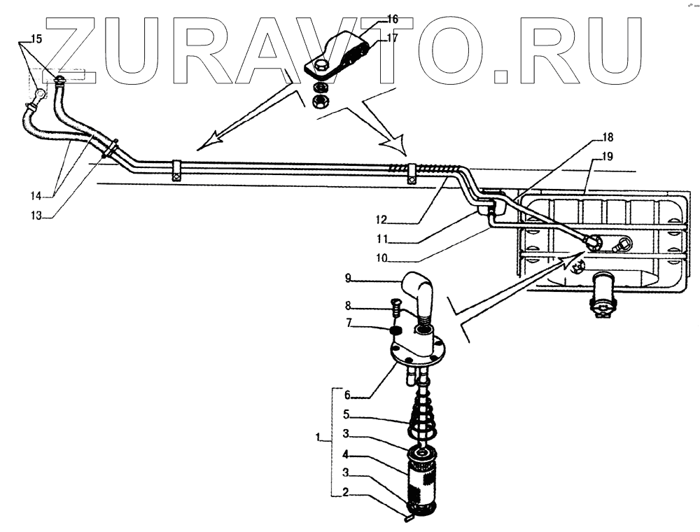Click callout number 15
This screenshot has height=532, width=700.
(x=36, y=39)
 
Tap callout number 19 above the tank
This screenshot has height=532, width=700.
(x=607, y=157)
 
